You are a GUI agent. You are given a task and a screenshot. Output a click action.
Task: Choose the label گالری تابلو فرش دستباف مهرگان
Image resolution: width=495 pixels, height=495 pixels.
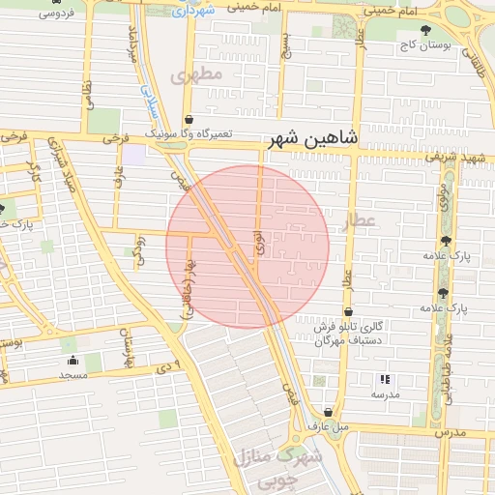tap(353, 334)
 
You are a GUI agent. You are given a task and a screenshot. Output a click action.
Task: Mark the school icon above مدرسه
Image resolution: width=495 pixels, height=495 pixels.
tap(385, 380)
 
